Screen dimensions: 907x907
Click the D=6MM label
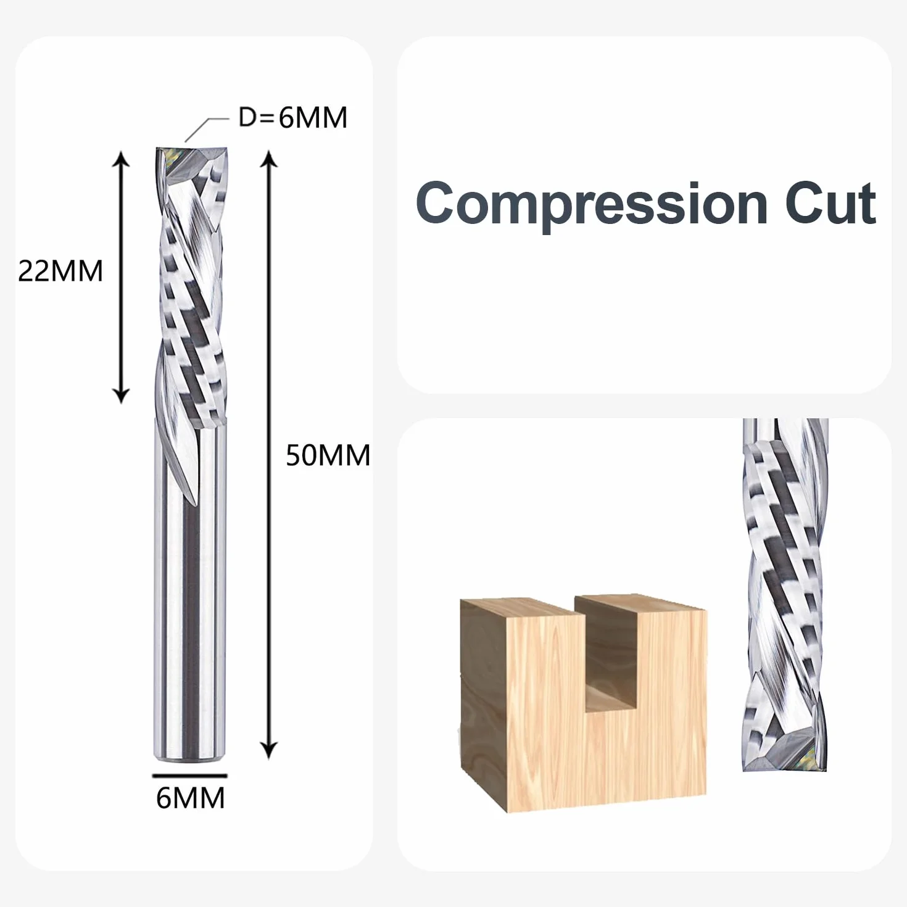click(292, 118)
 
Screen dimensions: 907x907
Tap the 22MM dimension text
click(60, 271)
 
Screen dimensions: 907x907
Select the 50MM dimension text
click(328, 455)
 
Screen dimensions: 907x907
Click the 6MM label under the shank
click(190, 798)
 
